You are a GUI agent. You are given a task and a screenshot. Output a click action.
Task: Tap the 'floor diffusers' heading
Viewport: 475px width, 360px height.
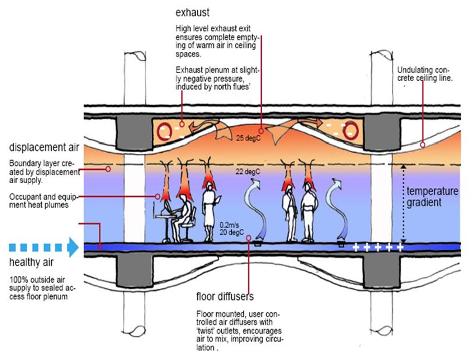click(x=225, y=297)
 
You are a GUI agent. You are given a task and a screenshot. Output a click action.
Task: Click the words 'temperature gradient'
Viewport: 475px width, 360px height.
click(x=432, y=196)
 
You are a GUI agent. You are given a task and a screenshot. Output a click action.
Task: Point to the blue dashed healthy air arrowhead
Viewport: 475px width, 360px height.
click(x=73, y=246)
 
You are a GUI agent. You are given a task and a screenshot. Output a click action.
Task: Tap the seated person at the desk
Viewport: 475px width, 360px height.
click(x=183, y=215)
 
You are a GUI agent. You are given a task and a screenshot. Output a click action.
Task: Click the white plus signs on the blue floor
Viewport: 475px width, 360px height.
click(x=378, y=247)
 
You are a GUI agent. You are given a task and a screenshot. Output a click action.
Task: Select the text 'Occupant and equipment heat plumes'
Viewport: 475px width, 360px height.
click(x=41, y=201)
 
